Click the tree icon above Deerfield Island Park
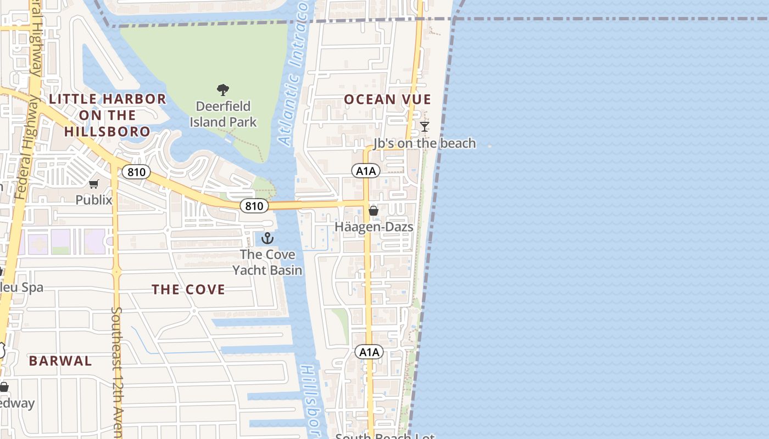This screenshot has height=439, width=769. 222,89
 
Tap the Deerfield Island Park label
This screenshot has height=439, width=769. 223,114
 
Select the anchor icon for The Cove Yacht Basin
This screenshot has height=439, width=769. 268,238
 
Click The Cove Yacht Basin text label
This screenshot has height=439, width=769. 268,262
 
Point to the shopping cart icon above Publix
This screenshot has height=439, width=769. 94,184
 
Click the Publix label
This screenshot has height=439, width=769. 94,200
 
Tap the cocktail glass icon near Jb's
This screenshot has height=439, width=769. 425,127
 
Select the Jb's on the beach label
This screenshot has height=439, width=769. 425,143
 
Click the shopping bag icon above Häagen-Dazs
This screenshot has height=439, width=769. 374,211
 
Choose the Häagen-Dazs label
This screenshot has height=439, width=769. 374,227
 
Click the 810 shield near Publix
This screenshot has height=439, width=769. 136,172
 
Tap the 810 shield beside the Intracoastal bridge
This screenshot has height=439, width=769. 254,206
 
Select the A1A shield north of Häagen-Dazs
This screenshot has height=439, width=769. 366,171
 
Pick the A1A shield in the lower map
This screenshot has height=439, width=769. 369,352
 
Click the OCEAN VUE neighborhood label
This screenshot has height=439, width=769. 387,99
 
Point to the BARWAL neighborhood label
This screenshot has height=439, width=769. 60,361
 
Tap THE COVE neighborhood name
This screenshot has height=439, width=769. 188,290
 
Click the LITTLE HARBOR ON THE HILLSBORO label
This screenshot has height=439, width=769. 108,115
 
